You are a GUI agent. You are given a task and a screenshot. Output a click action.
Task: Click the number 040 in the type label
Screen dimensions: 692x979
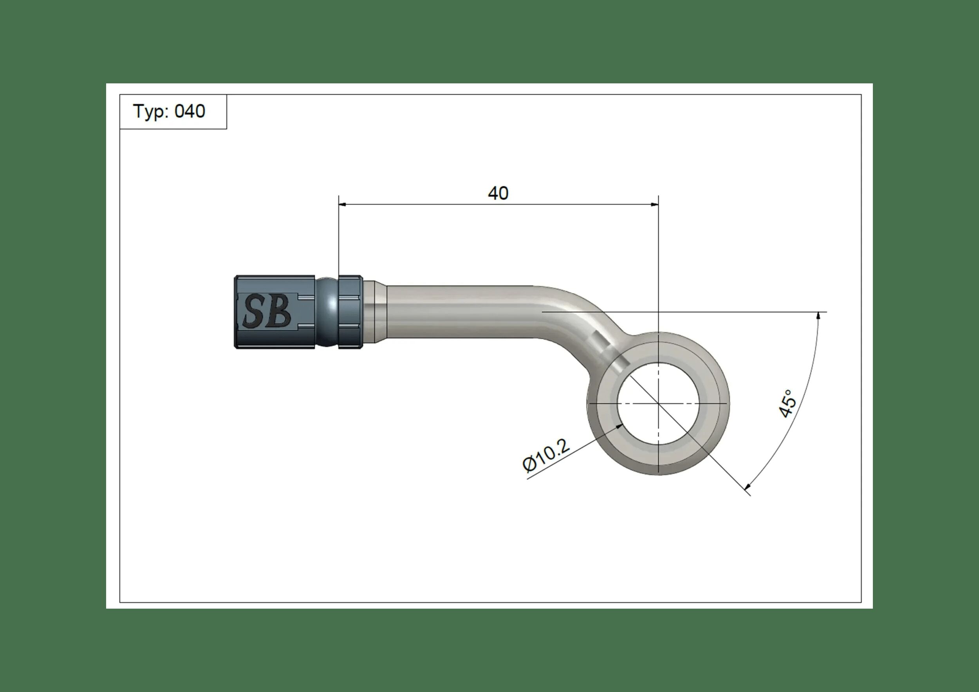(x=190, y=111)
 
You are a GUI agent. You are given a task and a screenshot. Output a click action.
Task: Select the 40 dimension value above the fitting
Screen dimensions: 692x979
(x=498, y=193)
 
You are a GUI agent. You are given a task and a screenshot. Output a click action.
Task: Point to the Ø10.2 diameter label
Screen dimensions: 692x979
(x=546, y=456)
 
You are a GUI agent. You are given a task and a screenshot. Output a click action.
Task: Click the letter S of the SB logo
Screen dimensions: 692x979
(x=254, y=312)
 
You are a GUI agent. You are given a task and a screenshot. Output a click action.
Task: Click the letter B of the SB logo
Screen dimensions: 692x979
(x=279, y=312)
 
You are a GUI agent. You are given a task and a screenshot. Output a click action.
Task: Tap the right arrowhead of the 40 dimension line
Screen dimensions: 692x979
(x=654, y=205)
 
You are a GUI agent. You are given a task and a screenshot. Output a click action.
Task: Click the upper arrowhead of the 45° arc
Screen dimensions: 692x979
(x=818, y=316)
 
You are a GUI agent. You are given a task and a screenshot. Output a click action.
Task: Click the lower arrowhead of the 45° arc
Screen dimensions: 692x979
(x=747, y=487)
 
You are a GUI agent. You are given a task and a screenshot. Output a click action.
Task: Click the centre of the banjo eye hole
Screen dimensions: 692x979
(x=658, y=403)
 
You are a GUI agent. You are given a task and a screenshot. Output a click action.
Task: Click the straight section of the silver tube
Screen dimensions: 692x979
(x=461, y=312)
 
